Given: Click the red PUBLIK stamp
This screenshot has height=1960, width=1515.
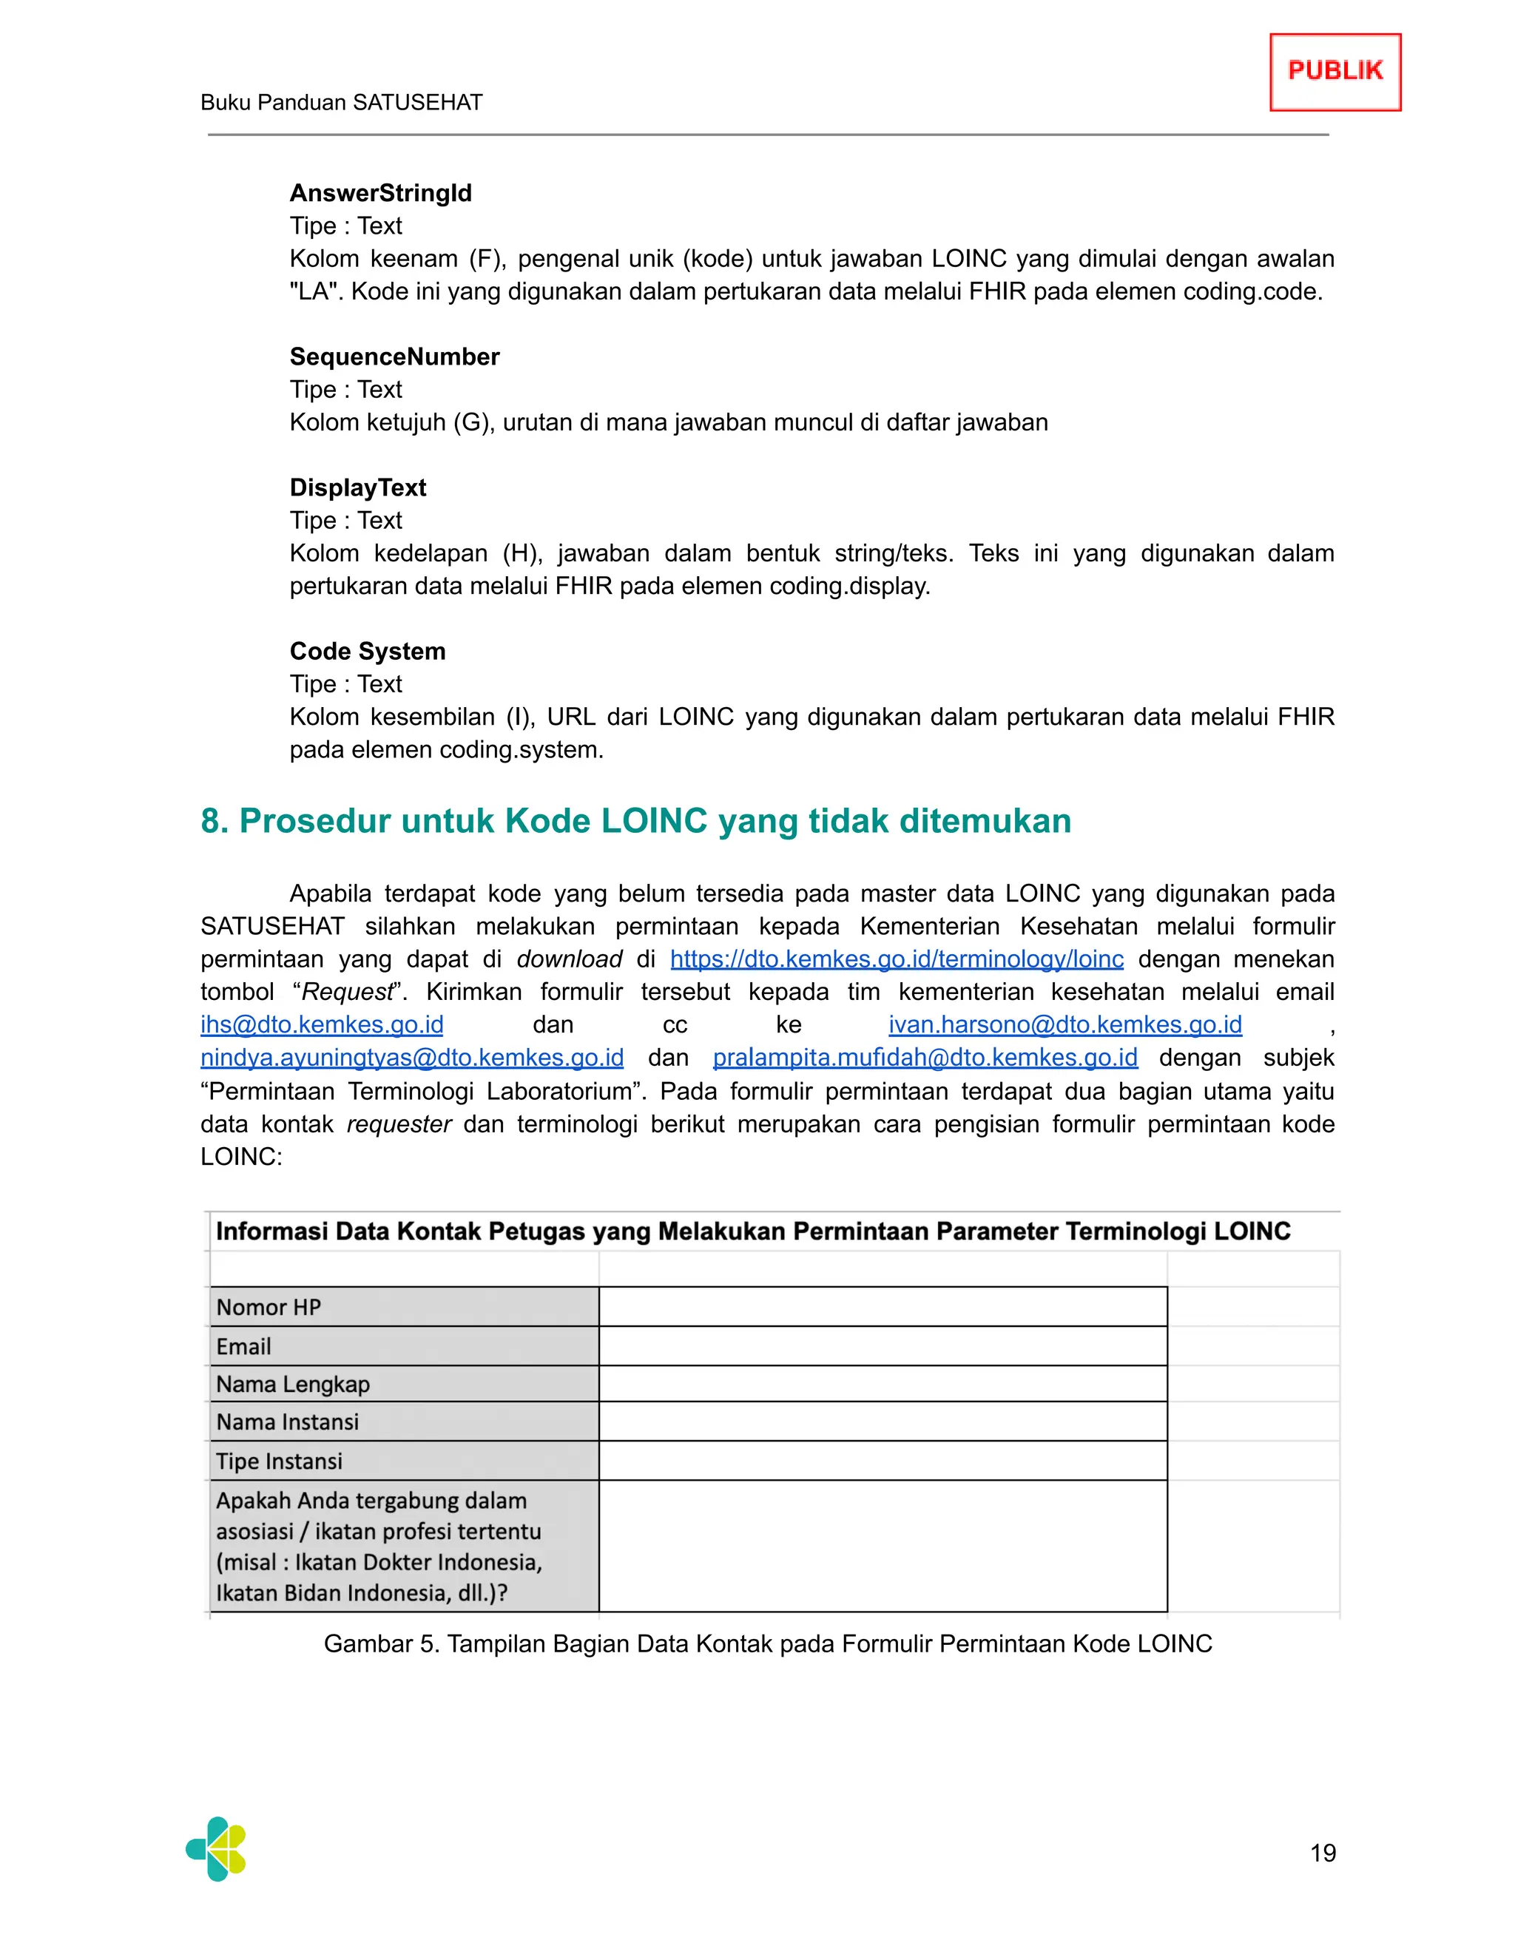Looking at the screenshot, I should pos(1335,72).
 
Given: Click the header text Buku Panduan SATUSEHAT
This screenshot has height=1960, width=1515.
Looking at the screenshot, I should pos(341,102).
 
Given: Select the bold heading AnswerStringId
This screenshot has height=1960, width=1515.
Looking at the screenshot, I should pos(380,193).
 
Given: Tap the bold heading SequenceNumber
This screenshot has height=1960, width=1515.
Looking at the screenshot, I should pos(394,356).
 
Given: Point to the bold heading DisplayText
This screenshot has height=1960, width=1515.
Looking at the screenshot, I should pos(357,487).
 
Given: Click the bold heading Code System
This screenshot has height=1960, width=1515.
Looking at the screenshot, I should pos(367,651).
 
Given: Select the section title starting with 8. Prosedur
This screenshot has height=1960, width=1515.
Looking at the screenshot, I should pos(635,820).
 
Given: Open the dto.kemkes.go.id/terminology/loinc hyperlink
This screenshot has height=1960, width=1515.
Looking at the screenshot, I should pos(896,959).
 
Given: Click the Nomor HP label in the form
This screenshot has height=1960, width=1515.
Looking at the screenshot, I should pos(269,1307).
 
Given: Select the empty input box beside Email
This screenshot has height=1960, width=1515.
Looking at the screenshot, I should pos(883,1345).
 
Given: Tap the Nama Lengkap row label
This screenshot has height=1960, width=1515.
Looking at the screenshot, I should pos(293,1384).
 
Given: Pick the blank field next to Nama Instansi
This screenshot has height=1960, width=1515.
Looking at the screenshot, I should pos(883,1422).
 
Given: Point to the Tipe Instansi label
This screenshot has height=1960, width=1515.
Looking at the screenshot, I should pos(279,1461).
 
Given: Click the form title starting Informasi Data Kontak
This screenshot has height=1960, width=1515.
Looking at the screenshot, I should pos(752,1231).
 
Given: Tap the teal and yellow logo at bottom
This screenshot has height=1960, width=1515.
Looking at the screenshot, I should pos(216,1849).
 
